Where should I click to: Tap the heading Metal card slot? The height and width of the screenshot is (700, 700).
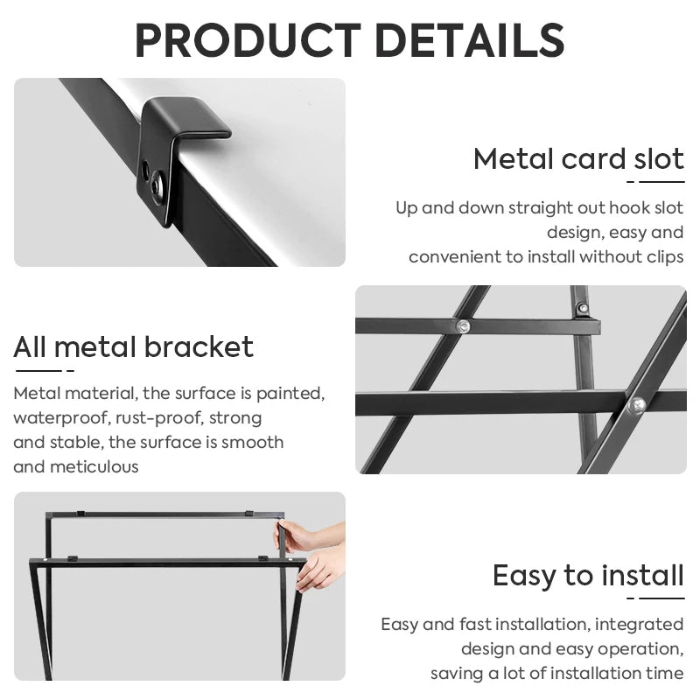pos(578,159)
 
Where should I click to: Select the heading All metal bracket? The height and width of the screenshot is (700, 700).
pos(133,347)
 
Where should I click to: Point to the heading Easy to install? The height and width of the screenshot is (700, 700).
pos(588,576)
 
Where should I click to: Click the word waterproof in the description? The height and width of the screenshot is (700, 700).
pos(55,417)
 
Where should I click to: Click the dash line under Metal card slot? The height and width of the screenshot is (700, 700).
pos(655,182)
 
